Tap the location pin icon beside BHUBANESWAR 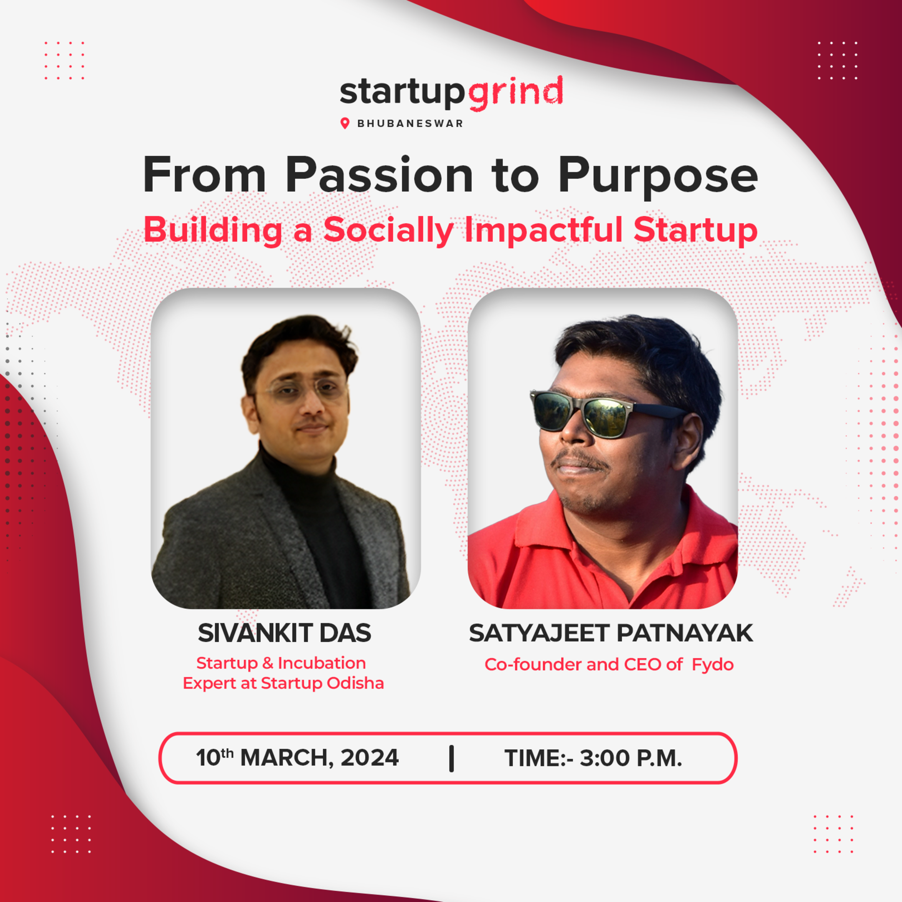pos(345,123)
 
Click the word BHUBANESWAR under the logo pos(410,124)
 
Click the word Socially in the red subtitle pos(388,231)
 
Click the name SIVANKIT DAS pos(284,633)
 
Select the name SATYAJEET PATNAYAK pos(611,633)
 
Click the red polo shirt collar pos(551,523)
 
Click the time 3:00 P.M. pos(630,758)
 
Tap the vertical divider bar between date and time pos(451,758)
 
